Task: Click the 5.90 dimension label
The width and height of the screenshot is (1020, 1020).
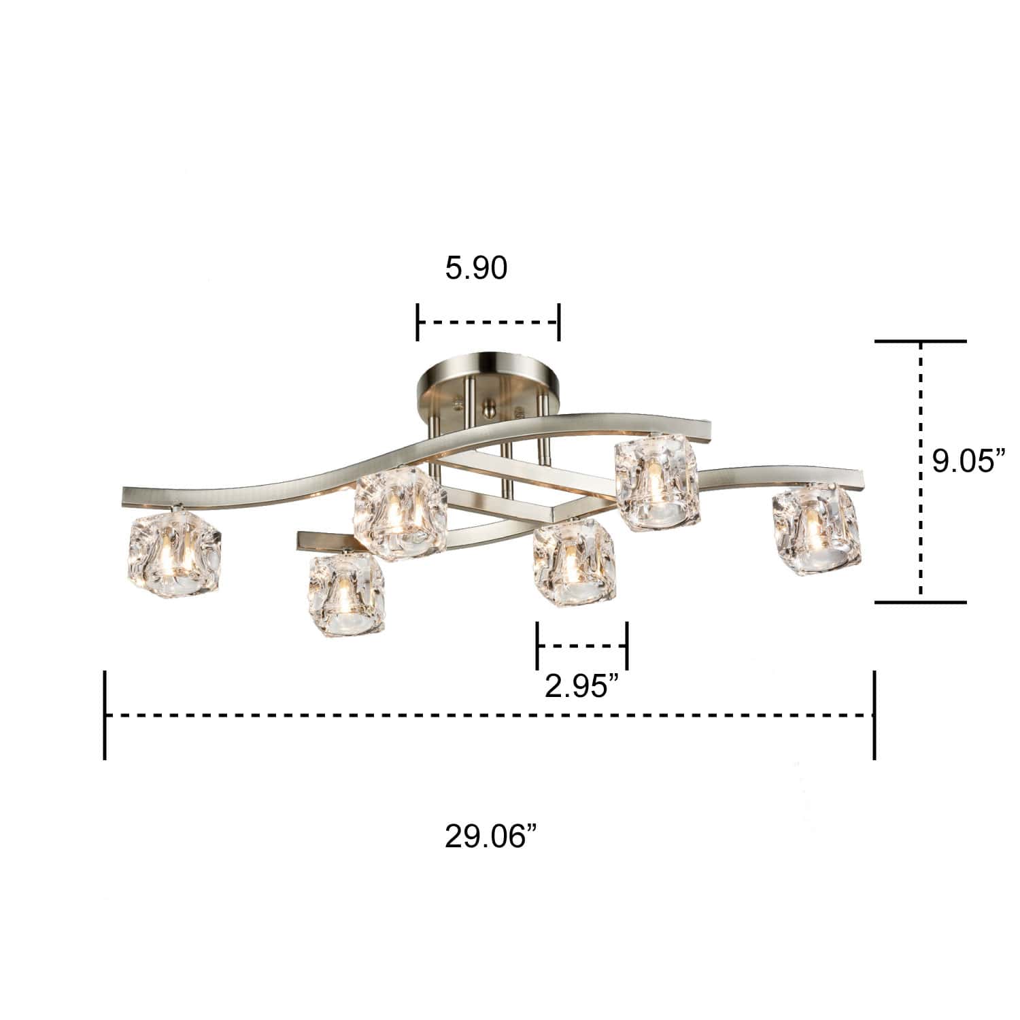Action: click(476, 269)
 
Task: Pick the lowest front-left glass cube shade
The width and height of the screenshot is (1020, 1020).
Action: click(346, 589)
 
